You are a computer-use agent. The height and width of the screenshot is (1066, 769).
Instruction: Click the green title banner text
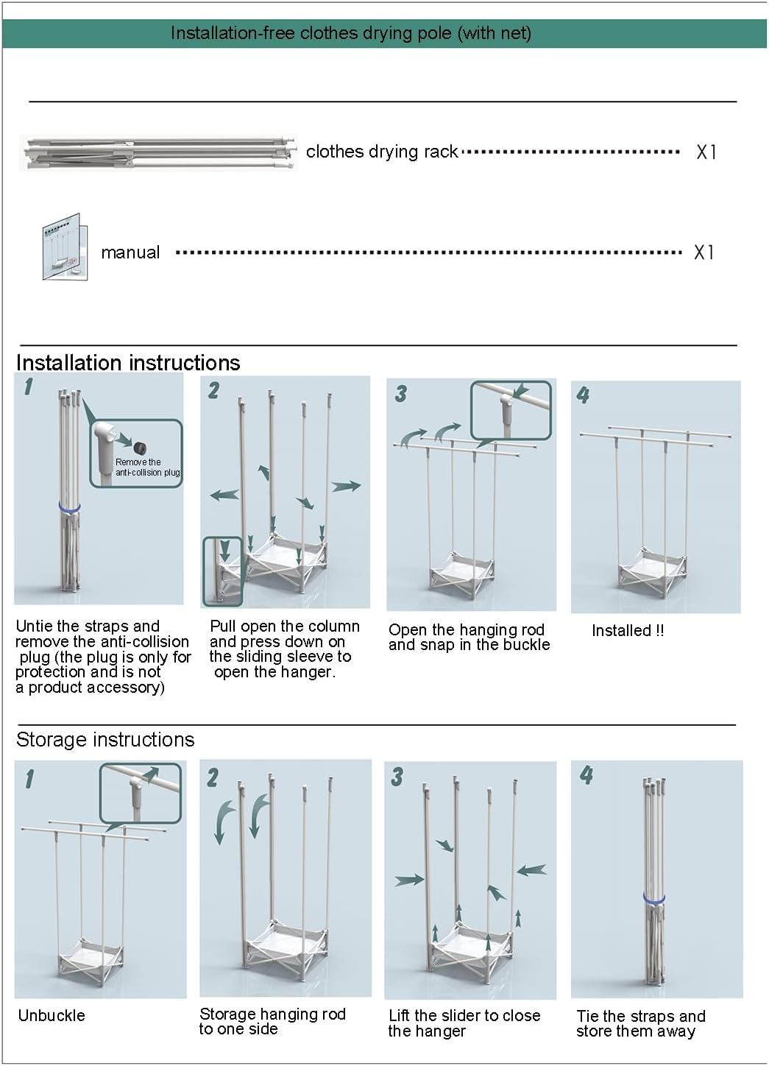tap(351, 33)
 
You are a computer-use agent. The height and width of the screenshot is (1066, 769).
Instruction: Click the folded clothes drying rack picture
tap(159, 152)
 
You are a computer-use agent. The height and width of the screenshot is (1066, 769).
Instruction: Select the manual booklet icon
tap(65, 247)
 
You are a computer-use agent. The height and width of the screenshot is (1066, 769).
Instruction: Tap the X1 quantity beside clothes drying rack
tap(706, 152)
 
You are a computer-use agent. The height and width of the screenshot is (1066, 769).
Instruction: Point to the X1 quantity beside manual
tap(704, 253)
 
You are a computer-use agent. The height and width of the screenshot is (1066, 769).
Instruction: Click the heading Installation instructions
tap(128, 363)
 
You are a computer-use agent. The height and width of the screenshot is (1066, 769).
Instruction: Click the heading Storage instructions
tap(105, 740)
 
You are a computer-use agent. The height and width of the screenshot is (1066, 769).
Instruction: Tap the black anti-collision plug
tap(139, 448)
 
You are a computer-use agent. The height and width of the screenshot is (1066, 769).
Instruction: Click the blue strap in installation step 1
tap(69, 507)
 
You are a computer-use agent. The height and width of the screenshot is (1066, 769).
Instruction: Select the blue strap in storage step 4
tap(654, 898)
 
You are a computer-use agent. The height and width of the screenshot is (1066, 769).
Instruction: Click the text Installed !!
tap(628, 631)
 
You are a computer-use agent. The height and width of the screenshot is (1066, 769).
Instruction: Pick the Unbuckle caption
tap(52, 1015)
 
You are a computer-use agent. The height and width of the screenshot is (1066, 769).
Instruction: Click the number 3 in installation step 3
tap(401, 394)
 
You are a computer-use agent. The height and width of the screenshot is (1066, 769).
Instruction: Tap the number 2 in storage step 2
tap(213, 778)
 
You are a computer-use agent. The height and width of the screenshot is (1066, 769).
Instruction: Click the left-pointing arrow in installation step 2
tap(224, 495)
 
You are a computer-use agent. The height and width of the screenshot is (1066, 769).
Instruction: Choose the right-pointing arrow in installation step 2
tap(346, 487)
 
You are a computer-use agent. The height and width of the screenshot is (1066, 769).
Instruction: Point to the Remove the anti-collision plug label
tap(147, 467)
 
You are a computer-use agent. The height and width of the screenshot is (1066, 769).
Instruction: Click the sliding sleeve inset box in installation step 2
tap(222, 571)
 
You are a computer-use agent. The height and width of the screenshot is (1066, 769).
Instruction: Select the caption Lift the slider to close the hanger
tap(464, 1023)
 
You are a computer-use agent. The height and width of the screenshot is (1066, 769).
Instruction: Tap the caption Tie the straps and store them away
tap(641, 1023)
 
